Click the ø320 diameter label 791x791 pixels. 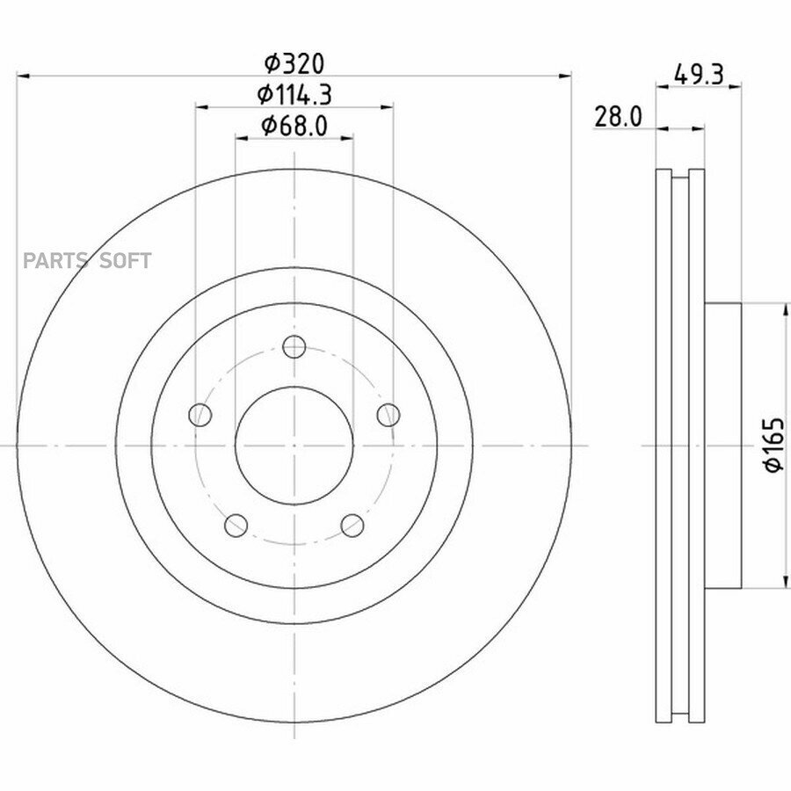pyautogui.click(x=294, y=63)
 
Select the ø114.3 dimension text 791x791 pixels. pyautogui.click(x=294, y=94)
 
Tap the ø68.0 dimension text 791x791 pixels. pyautogui.click(x=294, y=125)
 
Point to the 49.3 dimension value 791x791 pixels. pyautogui.click(x=699, y=75)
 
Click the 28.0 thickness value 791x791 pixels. pyautogui.click(x=618, y=117)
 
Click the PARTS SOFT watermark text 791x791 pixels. pyautogui.click(x=87, y=261)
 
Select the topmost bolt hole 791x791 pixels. pyautogui.click(x=294, y=346)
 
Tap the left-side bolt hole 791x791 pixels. pyautogui.click(x=200, y=415)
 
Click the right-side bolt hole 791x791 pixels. pyautogui.click(x=388, y=415)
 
